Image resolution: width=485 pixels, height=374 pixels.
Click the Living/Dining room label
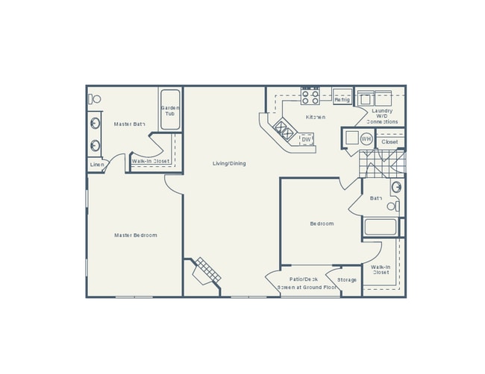click(x=229, y=163)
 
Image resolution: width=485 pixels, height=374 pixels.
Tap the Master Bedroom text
click(x=135, y=235)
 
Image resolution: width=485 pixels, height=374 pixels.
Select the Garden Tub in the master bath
click(x=169, y=111)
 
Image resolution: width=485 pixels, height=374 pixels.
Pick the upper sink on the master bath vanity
click(x=96, y=124)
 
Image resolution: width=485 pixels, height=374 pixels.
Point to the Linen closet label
click(x=96, y=164)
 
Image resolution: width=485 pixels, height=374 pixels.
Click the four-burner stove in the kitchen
click(x=310, y=95)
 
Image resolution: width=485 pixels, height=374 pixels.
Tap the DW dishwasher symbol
click(x=306, y=139)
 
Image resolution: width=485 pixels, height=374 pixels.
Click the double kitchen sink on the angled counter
click(x=284, y=131)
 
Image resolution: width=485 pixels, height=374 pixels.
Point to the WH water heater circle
click(x=366, y=139)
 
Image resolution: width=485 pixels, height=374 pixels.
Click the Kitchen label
click(x=316, y=117)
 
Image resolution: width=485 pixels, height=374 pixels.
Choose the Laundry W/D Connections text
click(x=382, y=116)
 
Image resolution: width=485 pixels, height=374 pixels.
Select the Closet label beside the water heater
click(x=389, y=142)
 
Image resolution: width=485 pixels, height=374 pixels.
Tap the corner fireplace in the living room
click(x=206, y=272)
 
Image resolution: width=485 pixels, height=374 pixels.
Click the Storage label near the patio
click(x=346, y=280)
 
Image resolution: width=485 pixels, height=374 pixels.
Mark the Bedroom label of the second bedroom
click(x=322, y=224)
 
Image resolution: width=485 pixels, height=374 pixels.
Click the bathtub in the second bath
click(x=381, y=226)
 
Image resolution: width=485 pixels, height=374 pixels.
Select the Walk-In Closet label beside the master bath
click(x=151, y=161)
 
